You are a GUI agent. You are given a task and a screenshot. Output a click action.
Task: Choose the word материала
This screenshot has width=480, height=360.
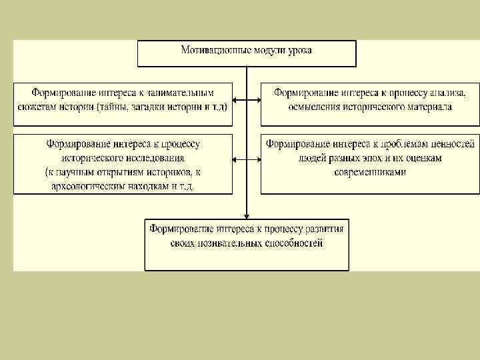[429, 106]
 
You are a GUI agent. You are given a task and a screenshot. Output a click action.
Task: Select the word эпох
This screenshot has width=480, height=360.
[385, 158]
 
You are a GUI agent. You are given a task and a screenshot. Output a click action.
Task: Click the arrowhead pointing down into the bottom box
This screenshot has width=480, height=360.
[247, 216]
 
